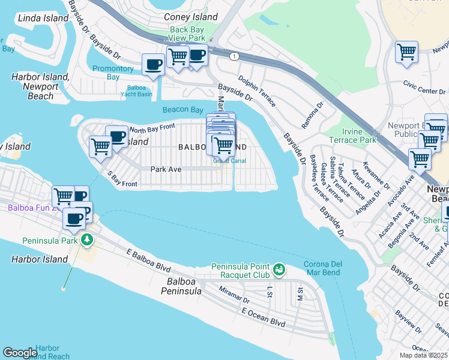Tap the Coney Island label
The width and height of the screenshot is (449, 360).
point(191,17)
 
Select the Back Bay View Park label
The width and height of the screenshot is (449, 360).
point(187,33)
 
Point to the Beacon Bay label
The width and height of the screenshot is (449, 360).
point(182,110)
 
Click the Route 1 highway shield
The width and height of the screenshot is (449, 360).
point(233,56)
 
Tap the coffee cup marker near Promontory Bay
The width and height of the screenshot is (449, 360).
point(153,64)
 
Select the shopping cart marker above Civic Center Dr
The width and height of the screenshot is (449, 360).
point(406,52)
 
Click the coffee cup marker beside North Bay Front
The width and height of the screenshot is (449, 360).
point(116,136)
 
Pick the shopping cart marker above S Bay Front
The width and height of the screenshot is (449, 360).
point(100,146)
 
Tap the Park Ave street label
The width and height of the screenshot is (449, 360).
point(166,170)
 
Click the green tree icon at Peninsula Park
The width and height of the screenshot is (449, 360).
point(87,240)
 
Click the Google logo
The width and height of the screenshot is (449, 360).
point(20,353)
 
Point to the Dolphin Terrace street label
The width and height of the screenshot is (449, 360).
point(256,90)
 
